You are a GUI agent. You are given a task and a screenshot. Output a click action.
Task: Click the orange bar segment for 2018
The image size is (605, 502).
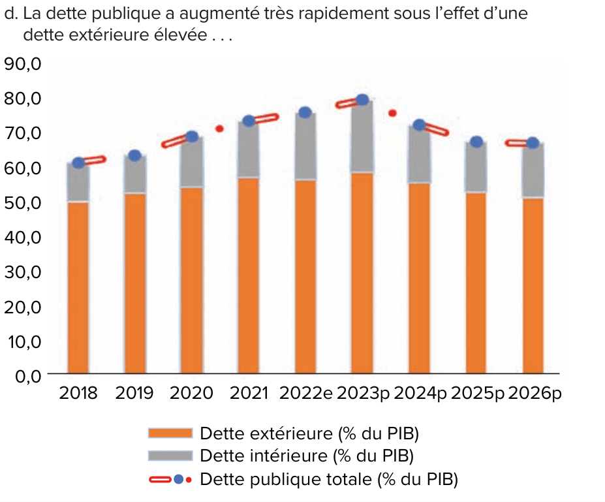tap(78, 287)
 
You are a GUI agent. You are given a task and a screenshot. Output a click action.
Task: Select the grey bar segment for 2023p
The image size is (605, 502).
tap(362, 137)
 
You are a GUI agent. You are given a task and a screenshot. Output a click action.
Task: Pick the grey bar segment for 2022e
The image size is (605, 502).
tap(305, 147)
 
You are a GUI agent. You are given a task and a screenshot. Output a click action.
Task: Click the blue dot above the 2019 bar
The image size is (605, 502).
tap(134, 155)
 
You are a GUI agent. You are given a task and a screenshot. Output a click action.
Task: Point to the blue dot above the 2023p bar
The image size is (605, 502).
tap(363, 100)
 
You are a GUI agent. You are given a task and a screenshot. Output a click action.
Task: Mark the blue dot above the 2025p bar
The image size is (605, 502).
tap(476, 142)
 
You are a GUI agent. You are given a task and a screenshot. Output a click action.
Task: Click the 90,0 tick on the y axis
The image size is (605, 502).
tap(23, 64)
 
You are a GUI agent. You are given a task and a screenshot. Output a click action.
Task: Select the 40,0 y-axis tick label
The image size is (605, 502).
tap(23, 237)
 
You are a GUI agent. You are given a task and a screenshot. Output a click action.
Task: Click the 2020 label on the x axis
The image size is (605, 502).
tap(191, 393)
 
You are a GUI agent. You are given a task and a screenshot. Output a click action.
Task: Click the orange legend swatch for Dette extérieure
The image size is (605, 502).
tap(170, 433)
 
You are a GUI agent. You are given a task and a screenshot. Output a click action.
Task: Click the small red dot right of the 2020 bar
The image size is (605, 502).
tap(220, 129)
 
